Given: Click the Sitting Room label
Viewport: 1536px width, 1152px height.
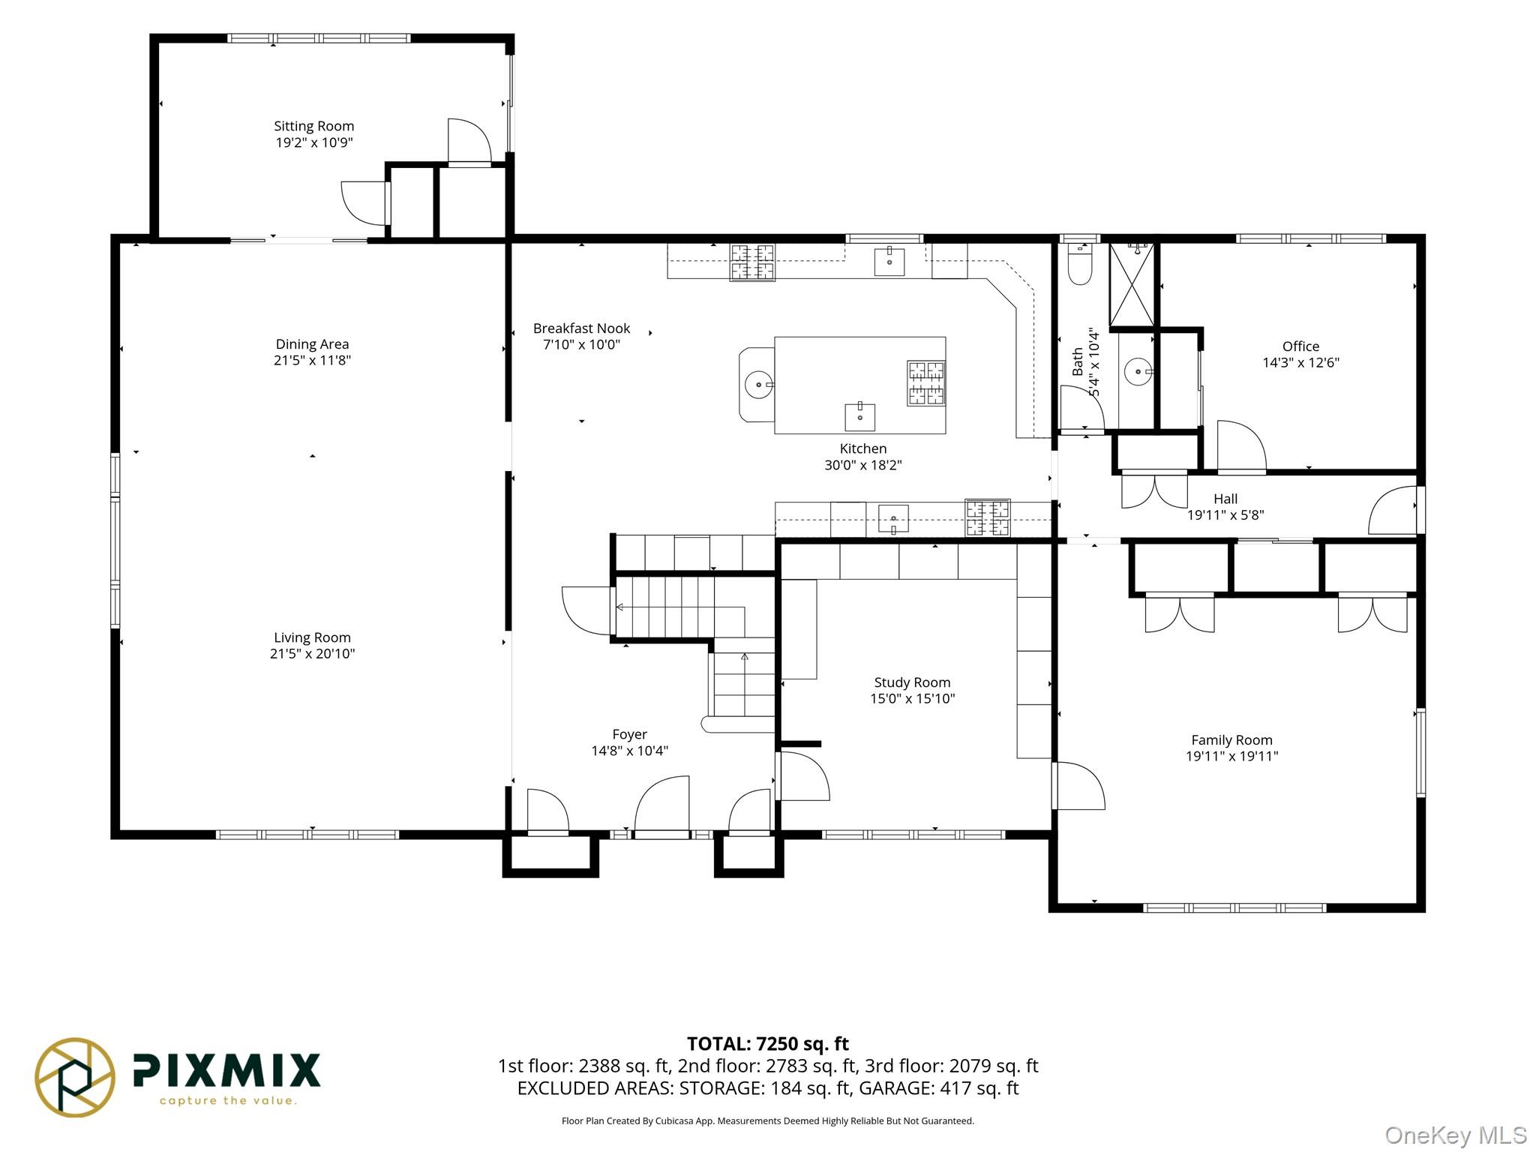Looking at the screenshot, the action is (313, 126).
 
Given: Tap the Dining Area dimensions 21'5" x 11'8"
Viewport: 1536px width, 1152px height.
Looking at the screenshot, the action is (312, 360).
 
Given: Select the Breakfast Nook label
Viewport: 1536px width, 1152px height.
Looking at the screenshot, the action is (581, 328).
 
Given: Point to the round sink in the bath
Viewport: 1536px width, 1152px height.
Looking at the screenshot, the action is (1138, 371).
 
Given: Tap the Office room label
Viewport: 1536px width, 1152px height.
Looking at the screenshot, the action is (1300, 346).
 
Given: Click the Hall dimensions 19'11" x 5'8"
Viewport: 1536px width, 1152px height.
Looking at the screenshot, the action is (1225, 515).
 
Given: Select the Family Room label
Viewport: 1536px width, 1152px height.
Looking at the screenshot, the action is (1231, 740).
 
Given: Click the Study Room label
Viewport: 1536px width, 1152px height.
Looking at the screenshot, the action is (912, 682).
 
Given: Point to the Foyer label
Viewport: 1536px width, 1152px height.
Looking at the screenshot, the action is (629, 734).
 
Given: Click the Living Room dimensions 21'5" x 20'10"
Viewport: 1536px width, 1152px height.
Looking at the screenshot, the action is (312, 653).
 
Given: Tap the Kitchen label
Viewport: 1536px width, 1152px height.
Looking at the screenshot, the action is (862, 448).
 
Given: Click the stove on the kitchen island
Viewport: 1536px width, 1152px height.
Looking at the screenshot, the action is (926, 383).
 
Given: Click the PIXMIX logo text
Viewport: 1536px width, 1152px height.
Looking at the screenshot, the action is (226, 1069).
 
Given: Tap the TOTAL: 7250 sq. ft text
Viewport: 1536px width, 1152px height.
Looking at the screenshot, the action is (768, 1043).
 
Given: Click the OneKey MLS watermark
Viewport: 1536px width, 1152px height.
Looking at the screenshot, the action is (1456, 1135).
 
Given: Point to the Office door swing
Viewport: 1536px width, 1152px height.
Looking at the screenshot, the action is (1241, 446).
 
